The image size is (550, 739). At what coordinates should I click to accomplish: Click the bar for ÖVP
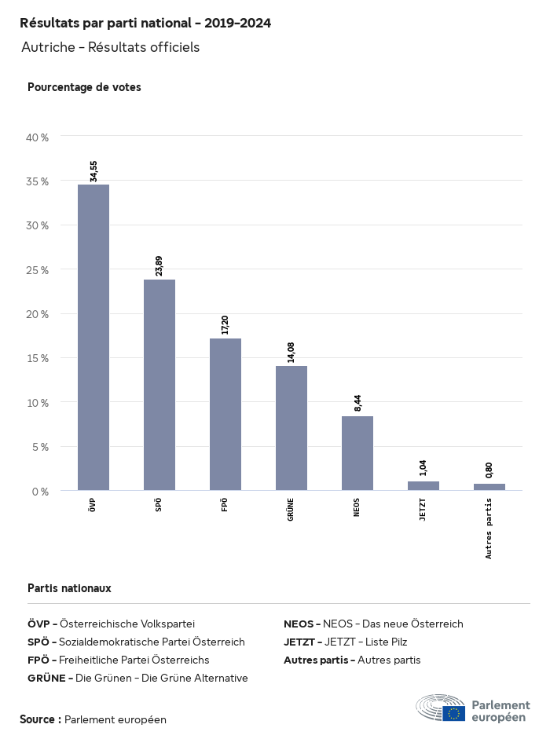tap(93, 338)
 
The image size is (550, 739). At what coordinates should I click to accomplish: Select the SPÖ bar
tap(159, 385)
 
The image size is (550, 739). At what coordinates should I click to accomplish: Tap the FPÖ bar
tap(225, 415)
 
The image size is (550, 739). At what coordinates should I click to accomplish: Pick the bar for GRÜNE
tap(291, 428)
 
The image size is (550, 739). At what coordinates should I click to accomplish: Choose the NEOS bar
tap(357, 453)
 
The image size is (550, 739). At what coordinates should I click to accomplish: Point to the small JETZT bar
tap(423, 486)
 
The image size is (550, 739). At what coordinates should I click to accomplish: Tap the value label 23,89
tap(159, 265)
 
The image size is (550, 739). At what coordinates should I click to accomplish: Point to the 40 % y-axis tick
tap(38, 137)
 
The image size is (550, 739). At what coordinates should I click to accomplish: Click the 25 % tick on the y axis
tap(38, 270)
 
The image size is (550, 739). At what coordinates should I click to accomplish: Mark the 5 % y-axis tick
tap(40, 447)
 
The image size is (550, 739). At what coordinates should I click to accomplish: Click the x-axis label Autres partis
tap(489, 529)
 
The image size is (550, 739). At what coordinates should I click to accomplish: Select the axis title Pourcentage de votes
tap(84, 87)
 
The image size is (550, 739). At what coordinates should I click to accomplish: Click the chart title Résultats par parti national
tap(145, 24)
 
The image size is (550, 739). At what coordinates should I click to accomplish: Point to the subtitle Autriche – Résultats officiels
tap(111, 47)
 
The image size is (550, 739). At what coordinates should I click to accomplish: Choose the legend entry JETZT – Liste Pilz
tap(345, 642)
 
